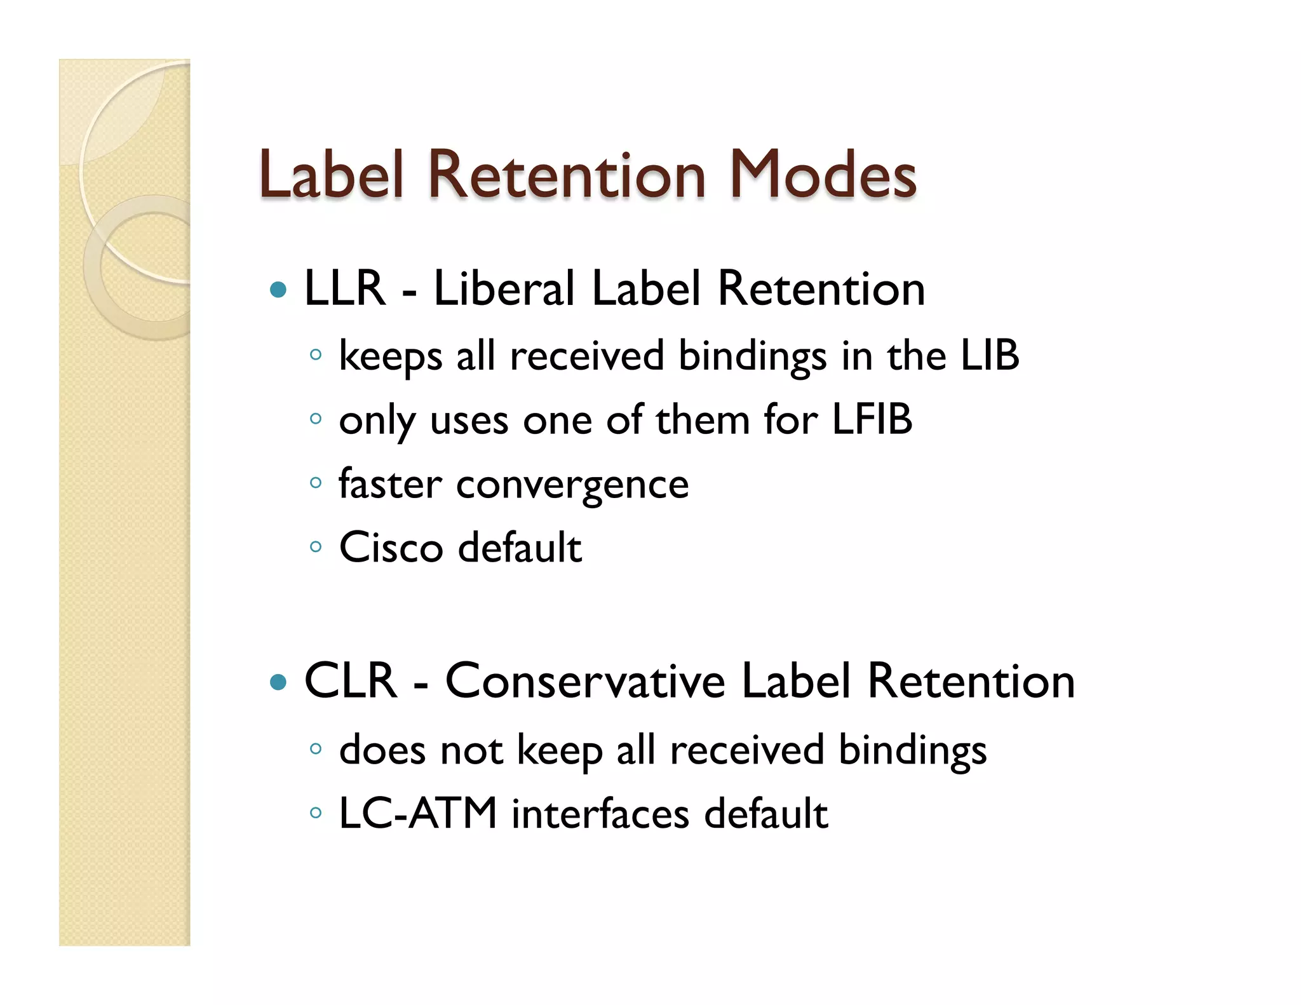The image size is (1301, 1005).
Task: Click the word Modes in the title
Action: [823, 175]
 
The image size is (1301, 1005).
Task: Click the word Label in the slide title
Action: [331, 175]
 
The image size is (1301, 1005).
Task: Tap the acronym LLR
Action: [345, 288]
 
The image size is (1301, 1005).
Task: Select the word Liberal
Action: [504, 288]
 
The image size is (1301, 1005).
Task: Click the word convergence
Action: [572, 485]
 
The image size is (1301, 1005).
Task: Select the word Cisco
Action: [391, 547]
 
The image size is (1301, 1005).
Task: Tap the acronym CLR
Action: [351, 681]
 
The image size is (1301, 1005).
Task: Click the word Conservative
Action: [585, 681]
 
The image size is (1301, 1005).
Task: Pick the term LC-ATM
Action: [417, 813]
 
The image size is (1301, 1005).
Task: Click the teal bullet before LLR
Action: [278, 290]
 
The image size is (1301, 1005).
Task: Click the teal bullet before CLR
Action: [278, 683]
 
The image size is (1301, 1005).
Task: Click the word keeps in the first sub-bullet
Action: [390, 356]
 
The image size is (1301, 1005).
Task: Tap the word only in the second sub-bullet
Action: [377, 421]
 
